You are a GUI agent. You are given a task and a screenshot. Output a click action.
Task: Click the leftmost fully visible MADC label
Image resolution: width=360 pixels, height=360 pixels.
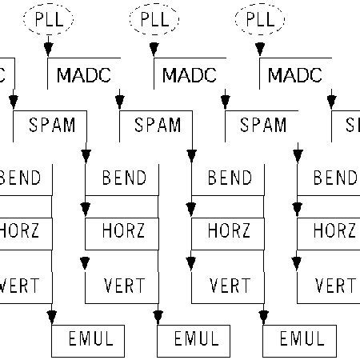tap(86, 75)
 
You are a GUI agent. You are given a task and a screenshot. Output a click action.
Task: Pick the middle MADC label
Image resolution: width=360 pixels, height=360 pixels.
tap(190, 75)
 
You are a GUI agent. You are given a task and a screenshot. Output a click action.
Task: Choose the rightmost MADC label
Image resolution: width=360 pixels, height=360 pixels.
tap(295, 75)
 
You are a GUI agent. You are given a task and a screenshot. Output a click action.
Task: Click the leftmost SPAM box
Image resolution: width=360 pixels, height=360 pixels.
tap(52, 125)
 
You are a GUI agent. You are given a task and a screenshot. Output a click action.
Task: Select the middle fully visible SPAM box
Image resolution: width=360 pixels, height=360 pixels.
tap(158, 125)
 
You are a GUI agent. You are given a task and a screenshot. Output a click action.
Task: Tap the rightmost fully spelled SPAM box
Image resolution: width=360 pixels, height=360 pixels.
tap(263, 125)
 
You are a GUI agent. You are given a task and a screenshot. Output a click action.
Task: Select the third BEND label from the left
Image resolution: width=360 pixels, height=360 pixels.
tap(230, 178)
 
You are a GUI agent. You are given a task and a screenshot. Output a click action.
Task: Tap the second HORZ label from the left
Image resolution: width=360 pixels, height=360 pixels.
tap(124, 231)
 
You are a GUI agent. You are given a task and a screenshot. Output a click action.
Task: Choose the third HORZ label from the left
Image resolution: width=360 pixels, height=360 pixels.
tap(230, 231)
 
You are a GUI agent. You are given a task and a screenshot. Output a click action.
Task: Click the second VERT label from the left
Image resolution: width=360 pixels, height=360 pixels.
tap(124, 285)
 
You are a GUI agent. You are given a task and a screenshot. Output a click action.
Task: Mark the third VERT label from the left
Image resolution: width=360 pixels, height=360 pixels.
tap(230, 285)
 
